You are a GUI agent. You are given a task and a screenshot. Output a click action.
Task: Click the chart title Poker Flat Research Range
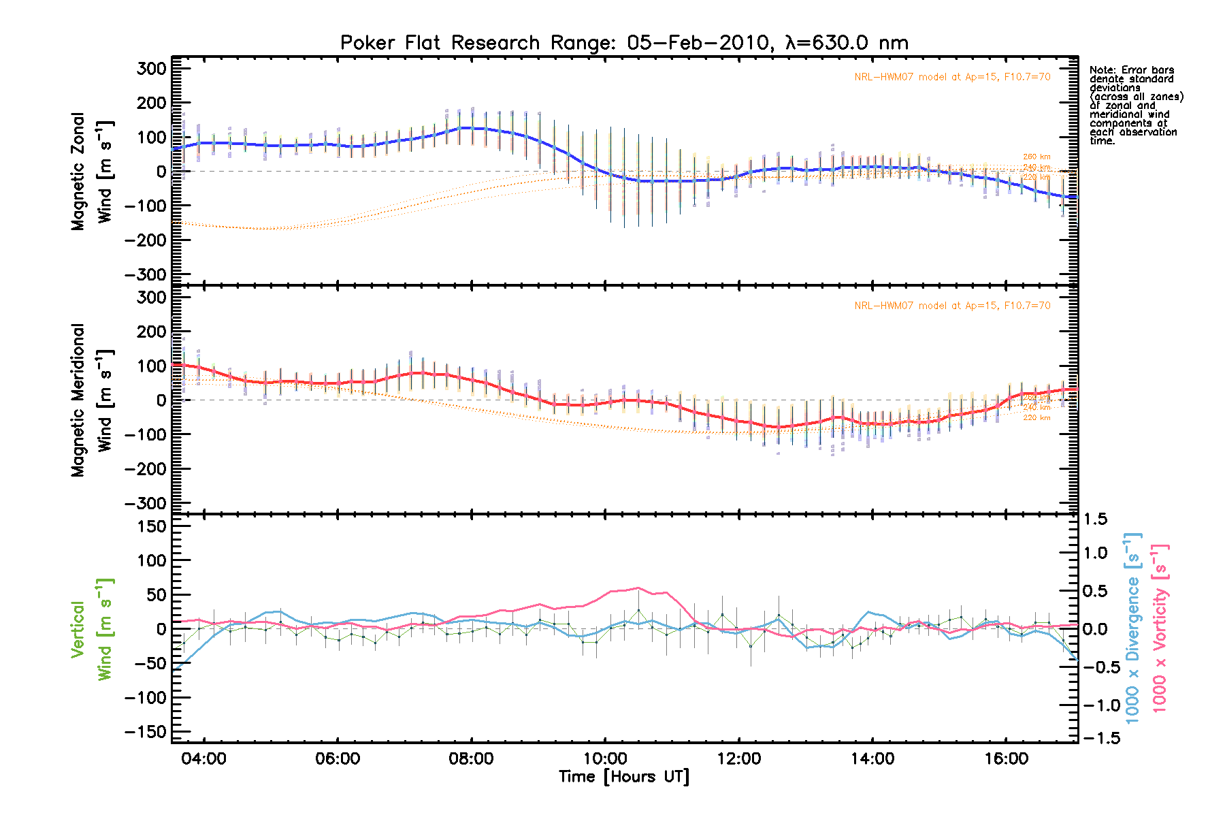coord(624,43)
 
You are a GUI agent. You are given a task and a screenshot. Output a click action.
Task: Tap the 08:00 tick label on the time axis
coord(471,759)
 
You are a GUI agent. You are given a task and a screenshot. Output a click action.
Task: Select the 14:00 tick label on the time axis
coord(872,759)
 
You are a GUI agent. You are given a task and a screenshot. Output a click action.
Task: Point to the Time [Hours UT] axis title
coord(624,777)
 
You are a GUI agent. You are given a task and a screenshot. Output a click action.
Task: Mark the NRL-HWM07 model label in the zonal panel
coord(952,77)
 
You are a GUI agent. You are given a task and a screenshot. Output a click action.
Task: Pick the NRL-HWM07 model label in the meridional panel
coord(952,306)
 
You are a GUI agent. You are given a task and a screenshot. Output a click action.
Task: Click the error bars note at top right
coord(1136,106)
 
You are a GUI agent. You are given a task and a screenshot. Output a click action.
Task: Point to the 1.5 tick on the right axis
coord(1095,519)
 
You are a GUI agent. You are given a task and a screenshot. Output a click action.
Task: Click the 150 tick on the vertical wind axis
coord(147,526)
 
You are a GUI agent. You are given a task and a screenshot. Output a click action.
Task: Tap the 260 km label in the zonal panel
coord(1036,157)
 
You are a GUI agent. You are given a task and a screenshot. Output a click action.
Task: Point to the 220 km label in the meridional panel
coord(1036,418)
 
